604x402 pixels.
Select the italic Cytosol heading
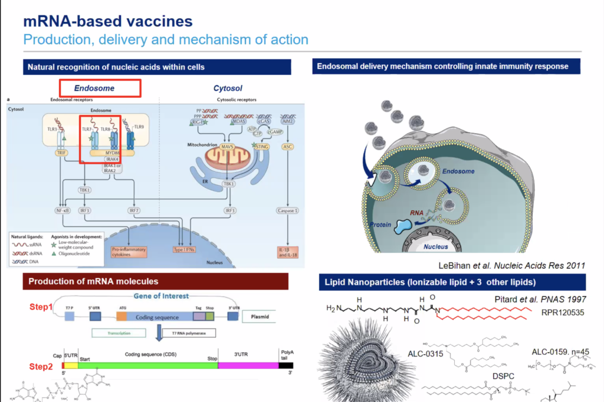[x=228, y=88]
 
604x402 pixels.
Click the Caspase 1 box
[x=287, y=210]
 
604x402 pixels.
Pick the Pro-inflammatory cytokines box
[x=128, y=252]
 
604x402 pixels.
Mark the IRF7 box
[x=135, y=210]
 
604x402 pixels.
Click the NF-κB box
[x=63, y=210]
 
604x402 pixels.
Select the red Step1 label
[x=41, y=307]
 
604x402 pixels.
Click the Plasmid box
[x=259, y=317]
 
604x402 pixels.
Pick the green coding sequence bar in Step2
[x=147, y=365]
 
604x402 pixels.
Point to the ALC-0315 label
[x=426, y=354]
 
